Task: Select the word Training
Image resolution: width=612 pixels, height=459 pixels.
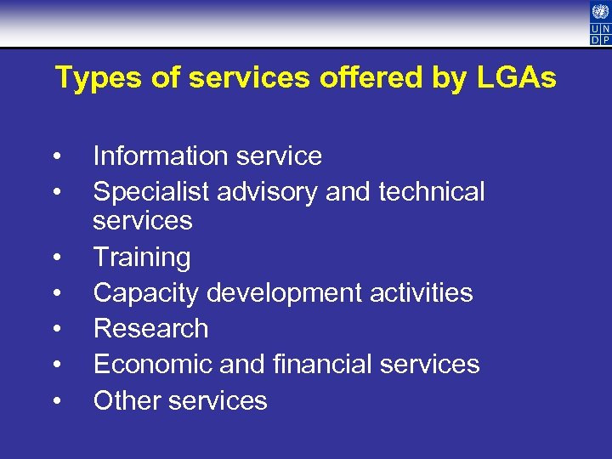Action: click(x=142, y=257)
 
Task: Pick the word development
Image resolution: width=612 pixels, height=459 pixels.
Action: click(x=281, y=292)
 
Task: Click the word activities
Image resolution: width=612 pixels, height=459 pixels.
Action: click(x=422, y=292)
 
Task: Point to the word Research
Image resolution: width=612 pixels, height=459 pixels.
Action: click(x=150, y=328)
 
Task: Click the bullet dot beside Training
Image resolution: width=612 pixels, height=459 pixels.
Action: click(x=55, y=258)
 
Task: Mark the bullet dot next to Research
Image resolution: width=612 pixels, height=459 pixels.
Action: click(x=55, y=329)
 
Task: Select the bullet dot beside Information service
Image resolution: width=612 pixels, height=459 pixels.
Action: click(x=55, y=157)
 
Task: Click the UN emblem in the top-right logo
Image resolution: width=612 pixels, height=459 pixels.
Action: click(x=600, y=11)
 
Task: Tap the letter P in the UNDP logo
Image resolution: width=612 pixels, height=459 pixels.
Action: click(x=605, y=38)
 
